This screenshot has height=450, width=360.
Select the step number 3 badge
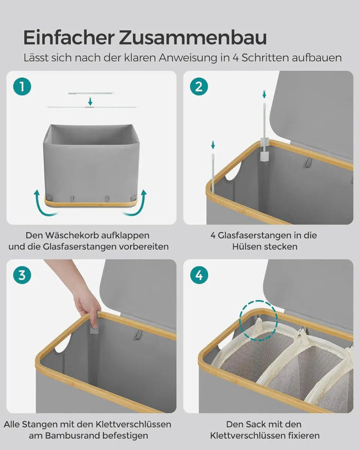[22, 275]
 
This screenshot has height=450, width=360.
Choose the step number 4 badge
[199, 275]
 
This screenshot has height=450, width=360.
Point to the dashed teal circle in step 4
[258, 319]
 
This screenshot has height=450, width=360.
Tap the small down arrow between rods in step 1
[90, 101]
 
